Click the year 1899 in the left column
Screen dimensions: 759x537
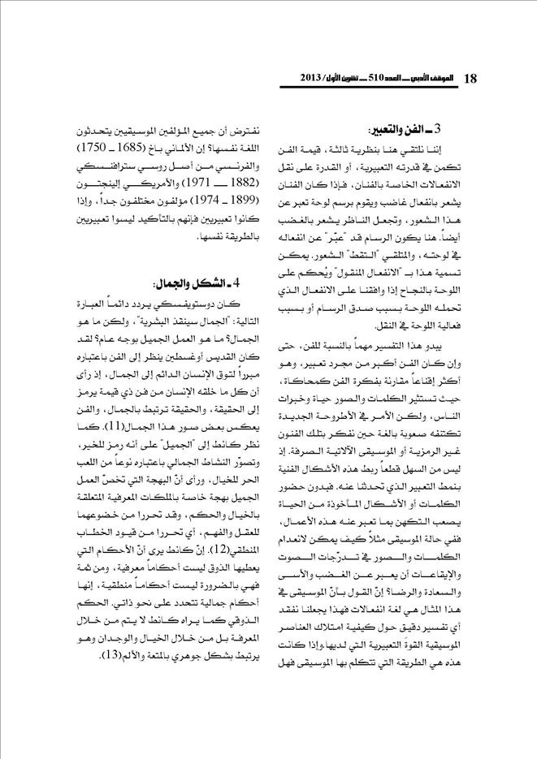[221, 198]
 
